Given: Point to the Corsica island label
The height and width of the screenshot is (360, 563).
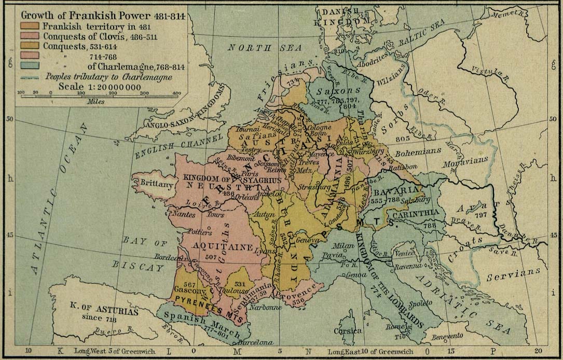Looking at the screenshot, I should tap(347, 330).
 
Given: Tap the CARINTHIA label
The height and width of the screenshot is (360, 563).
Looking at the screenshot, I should tap(416, 213).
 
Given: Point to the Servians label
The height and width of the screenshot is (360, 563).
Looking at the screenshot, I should tap(516, 273).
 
